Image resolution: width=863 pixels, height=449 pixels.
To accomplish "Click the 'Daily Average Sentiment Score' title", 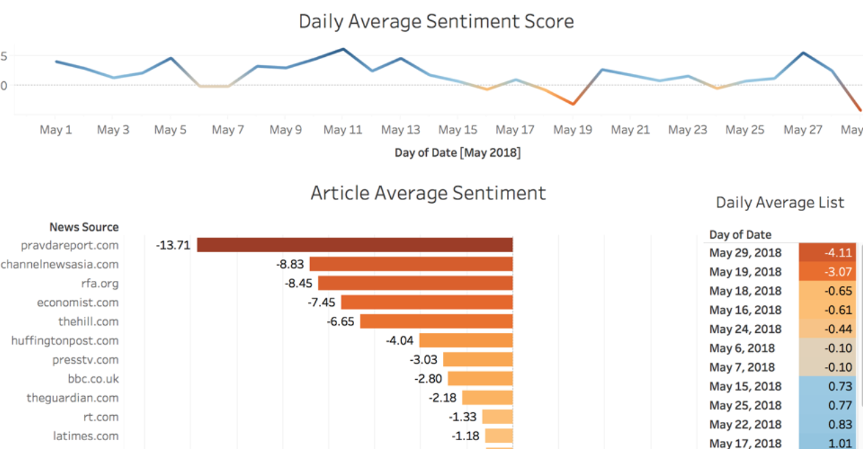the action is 436,22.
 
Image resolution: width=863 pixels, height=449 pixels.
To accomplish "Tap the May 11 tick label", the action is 343,130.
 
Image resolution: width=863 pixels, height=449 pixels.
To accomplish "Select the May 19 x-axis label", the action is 573,130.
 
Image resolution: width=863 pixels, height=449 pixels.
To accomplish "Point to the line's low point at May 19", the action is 573,104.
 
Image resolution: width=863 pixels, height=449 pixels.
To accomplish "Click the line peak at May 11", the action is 343,49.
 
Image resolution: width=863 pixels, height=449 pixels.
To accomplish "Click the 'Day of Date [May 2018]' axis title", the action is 457,153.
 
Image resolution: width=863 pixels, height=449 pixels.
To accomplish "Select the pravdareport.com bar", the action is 354,245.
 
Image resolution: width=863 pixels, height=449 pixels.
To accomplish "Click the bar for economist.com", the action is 427,302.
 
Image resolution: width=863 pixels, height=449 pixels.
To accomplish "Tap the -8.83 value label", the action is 290,264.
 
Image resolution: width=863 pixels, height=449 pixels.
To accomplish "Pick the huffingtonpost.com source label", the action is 64,340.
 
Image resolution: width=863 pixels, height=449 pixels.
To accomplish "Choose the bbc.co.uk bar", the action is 480,378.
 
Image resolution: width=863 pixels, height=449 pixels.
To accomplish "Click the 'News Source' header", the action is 84,227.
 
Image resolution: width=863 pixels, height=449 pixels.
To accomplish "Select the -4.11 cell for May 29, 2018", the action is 828,252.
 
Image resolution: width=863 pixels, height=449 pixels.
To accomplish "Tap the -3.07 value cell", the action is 828,271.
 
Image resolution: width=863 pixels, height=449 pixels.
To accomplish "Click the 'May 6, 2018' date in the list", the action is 742,348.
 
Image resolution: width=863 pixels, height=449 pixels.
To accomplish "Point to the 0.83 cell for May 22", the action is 828,425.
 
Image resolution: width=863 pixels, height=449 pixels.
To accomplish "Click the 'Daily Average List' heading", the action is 780,203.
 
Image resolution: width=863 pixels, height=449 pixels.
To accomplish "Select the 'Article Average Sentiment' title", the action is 428,193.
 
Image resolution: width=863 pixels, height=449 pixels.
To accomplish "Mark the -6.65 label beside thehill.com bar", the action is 340,321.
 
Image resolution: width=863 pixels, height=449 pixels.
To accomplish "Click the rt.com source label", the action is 101,417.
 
